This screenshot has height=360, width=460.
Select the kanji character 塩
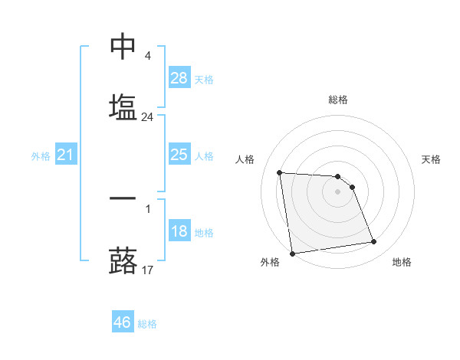[x=123, y=106]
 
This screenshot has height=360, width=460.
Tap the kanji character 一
[x=123, y=198]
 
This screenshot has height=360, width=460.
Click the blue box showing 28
[x=179, y=78]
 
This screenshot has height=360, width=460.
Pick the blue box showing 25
[x=179, y=155]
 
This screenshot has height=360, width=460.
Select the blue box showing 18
[x=179, y=231]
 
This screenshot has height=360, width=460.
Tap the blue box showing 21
[x=66, y=155]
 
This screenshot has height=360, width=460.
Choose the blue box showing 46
[x=123, y=322]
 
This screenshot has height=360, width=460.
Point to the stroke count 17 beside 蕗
[x=147, y=270]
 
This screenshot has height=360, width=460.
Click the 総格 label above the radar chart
[x=338, y=100]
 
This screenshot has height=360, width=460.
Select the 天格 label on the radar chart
[x=431, y=159]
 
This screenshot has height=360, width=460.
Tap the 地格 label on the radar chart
[x=402, y=262]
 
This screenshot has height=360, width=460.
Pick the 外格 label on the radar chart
[x=270, y=262]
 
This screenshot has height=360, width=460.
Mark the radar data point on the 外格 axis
[x=292, y=253]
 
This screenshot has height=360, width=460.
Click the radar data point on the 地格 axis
[x=373, y=242]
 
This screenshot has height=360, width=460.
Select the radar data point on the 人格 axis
[x=280, y=172]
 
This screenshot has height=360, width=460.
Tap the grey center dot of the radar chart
[x=338, y=191]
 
